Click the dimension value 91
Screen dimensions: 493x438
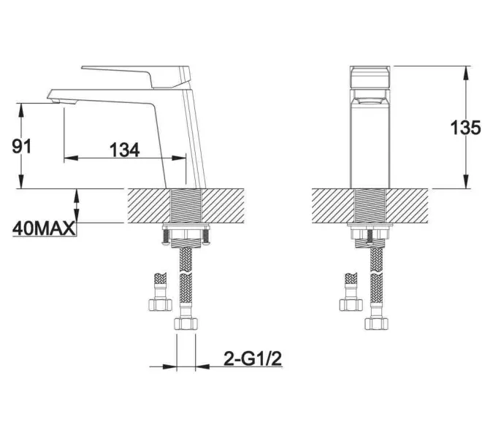pyautogui.click(x=22, y=147)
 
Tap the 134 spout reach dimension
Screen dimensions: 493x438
pyautogui.click(x=124, y=150)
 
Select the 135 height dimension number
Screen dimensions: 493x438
pyautogui.click(x=466, y=128)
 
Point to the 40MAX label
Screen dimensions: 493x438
pyautogui.click(x=44, y=228)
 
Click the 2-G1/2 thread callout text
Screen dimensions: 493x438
pyautogui.click(x=253, y=358)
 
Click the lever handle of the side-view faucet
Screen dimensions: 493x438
pyautogui.click(x=136, y=77)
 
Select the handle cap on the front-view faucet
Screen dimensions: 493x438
pyautogui.click(x=370, y=77)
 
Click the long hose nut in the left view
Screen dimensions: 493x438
pyautogui.click(x=186, y=323)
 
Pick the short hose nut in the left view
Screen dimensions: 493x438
pyautogui.click(x=160, y=304)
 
